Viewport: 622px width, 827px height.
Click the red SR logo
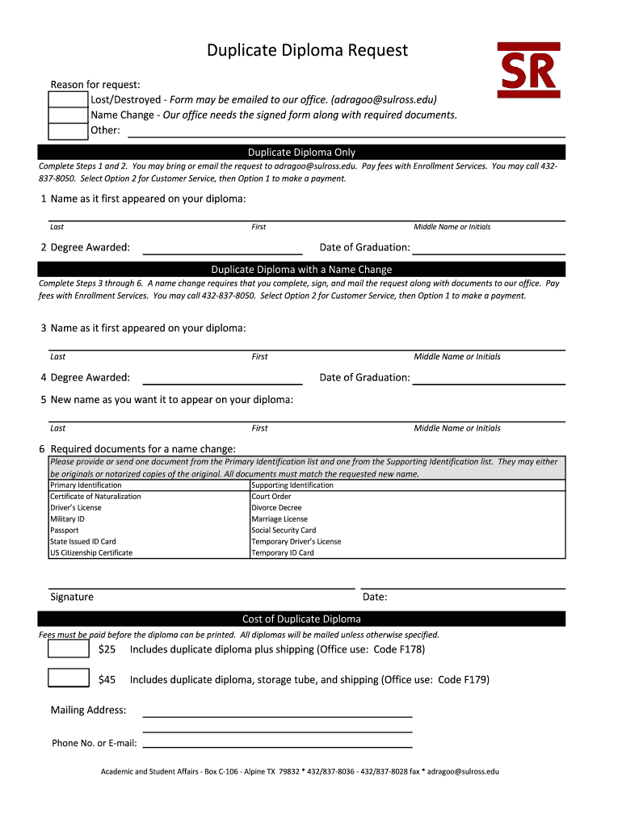click(x=529, y=71)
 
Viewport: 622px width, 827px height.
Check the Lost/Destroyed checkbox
click(x=69, y=99)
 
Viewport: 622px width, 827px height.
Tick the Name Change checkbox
click(x=69, y=115)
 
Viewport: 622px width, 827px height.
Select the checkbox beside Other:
click(x=69, y=131)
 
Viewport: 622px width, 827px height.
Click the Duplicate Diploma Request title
click(x=307, y=51)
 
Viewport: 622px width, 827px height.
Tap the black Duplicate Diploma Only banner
click(x=301, y=152)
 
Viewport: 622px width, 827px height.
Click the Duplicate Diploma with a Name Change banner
click(x=301, y=269)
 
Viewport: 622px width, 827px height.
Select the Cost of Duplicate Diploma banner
click(x=301, y=619)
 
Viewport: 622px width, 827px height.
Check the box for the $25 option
click(x=69, y=649)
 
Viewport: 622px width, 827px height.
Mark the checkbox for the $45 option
click(x=69, y=678)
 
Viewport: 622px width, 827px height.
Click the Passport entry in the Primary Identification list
click(x=65, y=531)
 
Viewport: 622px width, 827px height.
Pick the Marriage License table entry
click(x=279, y=519)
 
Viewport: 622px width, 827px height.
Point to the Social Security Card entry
click(x=284, y=531)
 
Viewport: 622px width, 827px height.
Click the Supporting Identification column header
click(x=292, y=485)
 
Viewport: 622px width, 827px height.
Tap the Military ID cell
click(x=67, y=519)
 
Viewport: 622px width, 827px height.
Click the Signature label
click(x=72, y=597)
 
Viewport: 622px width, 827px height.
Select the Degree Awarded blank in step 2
click(x=222, y=249)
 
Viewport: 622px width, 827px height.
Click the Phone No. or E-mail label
click(x=95, y=743)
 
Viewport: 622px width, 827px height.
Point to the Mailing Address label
click(x=88, y=710)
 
